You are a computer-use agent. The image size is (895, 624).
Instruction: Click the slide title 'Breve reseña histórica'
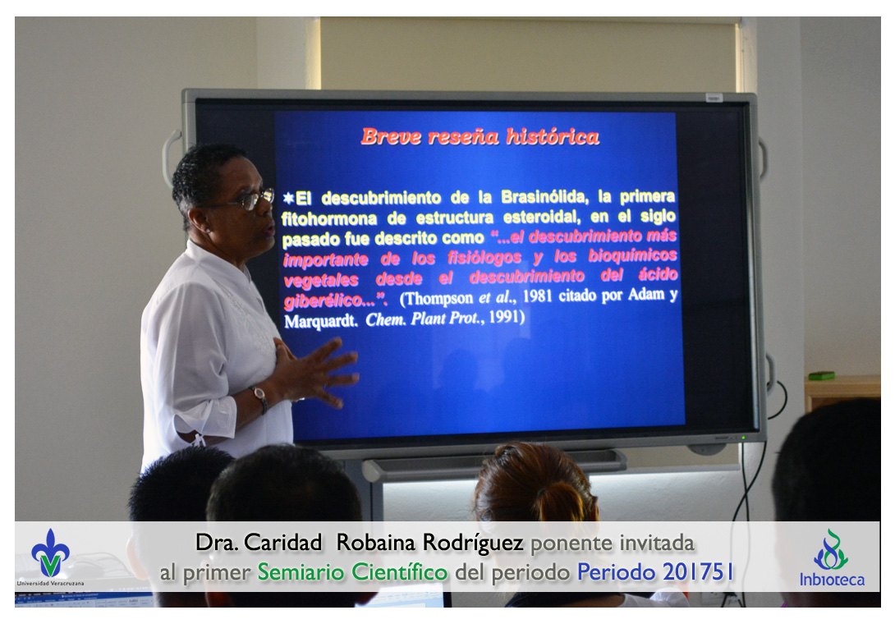click(x=480, y=137)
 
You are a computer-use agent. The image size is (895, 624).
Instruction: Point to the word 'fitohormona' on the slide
click(x=329, y=218)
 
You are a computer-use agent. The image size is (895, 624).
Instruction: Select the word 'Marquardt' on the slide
click(x=320, y=321)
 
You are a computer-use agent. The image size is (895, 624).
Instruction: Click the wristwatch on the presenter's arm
click(x=260, y=397)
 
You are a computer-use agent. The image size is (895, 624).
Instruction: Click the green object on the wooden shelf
click(x=821, y=376)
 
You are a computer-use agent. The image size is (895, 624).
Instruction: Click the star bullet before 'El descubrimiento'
click(x=289, y=198)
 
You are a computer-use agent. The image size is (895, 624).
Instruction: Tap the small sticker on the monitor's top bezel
click(x=714, y=99)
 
